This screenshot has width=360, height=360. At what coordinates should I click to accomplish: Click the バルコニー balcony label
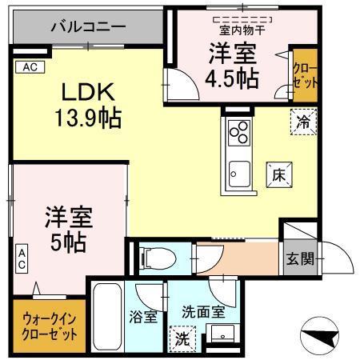pos(88,26)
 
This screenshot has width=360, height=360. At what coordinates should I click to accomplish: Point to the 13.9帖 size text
pos(89,119)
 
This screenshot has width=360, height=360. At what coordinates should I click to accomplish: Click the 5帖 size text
pos(68,239)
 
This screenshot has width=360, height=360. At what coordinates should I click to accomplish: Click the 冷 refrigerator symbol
pos(302,124)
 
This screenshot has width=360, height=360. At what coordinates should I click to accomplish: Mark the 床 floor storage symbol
pos(279,172)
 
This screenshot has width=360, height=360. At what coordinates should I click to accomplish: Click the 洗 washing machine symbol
pos(182,338)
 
